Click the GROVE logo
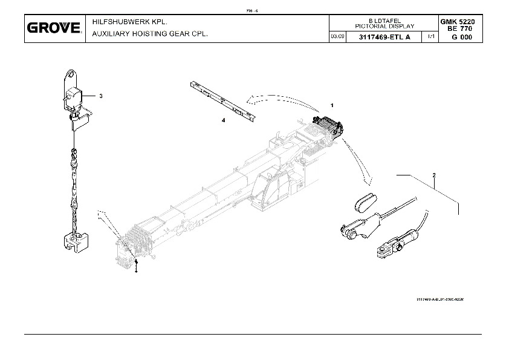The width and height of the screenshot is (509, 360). (54, 28)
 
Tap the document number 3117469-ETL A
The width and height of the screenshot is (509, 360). (384, 37)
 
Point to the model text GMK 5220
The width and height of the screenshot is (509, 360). (461, 22)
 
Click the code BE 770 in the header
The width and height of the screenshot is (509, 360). (461, 28)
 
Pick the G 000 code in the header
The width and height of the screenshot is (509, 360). (461, 37)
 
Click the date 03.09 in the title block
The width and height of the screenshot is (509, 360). (337, 37)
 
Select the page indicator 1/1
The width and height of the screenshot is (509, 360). (430, 37)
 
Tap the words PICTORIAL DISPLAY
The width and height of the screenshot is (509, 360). (384, 27)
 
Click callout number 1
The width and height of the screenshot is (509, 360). (332, 105)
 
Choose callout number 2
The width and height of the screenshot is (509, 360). (434, 175)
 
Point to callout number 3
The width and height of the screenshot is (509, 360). (101, 96)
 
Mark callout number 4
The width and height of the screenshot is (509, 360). (223, 121)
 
